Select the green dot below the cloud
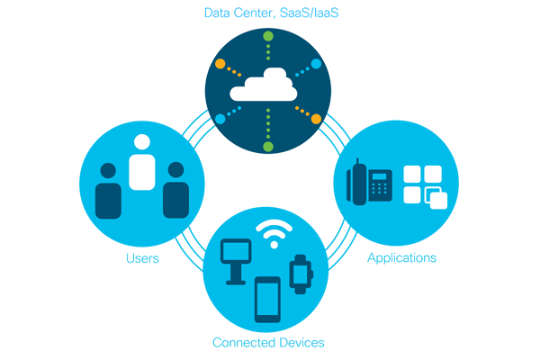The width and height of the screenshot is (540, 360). click(267, 146)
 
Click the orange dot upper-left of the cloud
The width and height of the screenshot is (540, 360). click(220, 64)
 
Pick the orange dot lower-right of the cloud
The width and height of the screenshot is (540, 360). click(316, 119)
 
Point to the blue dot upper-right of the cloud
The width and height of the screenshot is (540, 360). click(316, 64)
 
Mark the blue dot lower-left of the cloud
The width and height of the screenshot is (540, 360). click(220, 119)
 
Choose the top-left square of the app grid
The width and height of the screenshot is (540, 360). click(412, 175)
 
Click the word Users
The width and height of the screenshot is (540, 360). click(142, 259)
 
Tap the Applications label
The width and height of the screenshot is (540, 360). click(401, 258)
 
